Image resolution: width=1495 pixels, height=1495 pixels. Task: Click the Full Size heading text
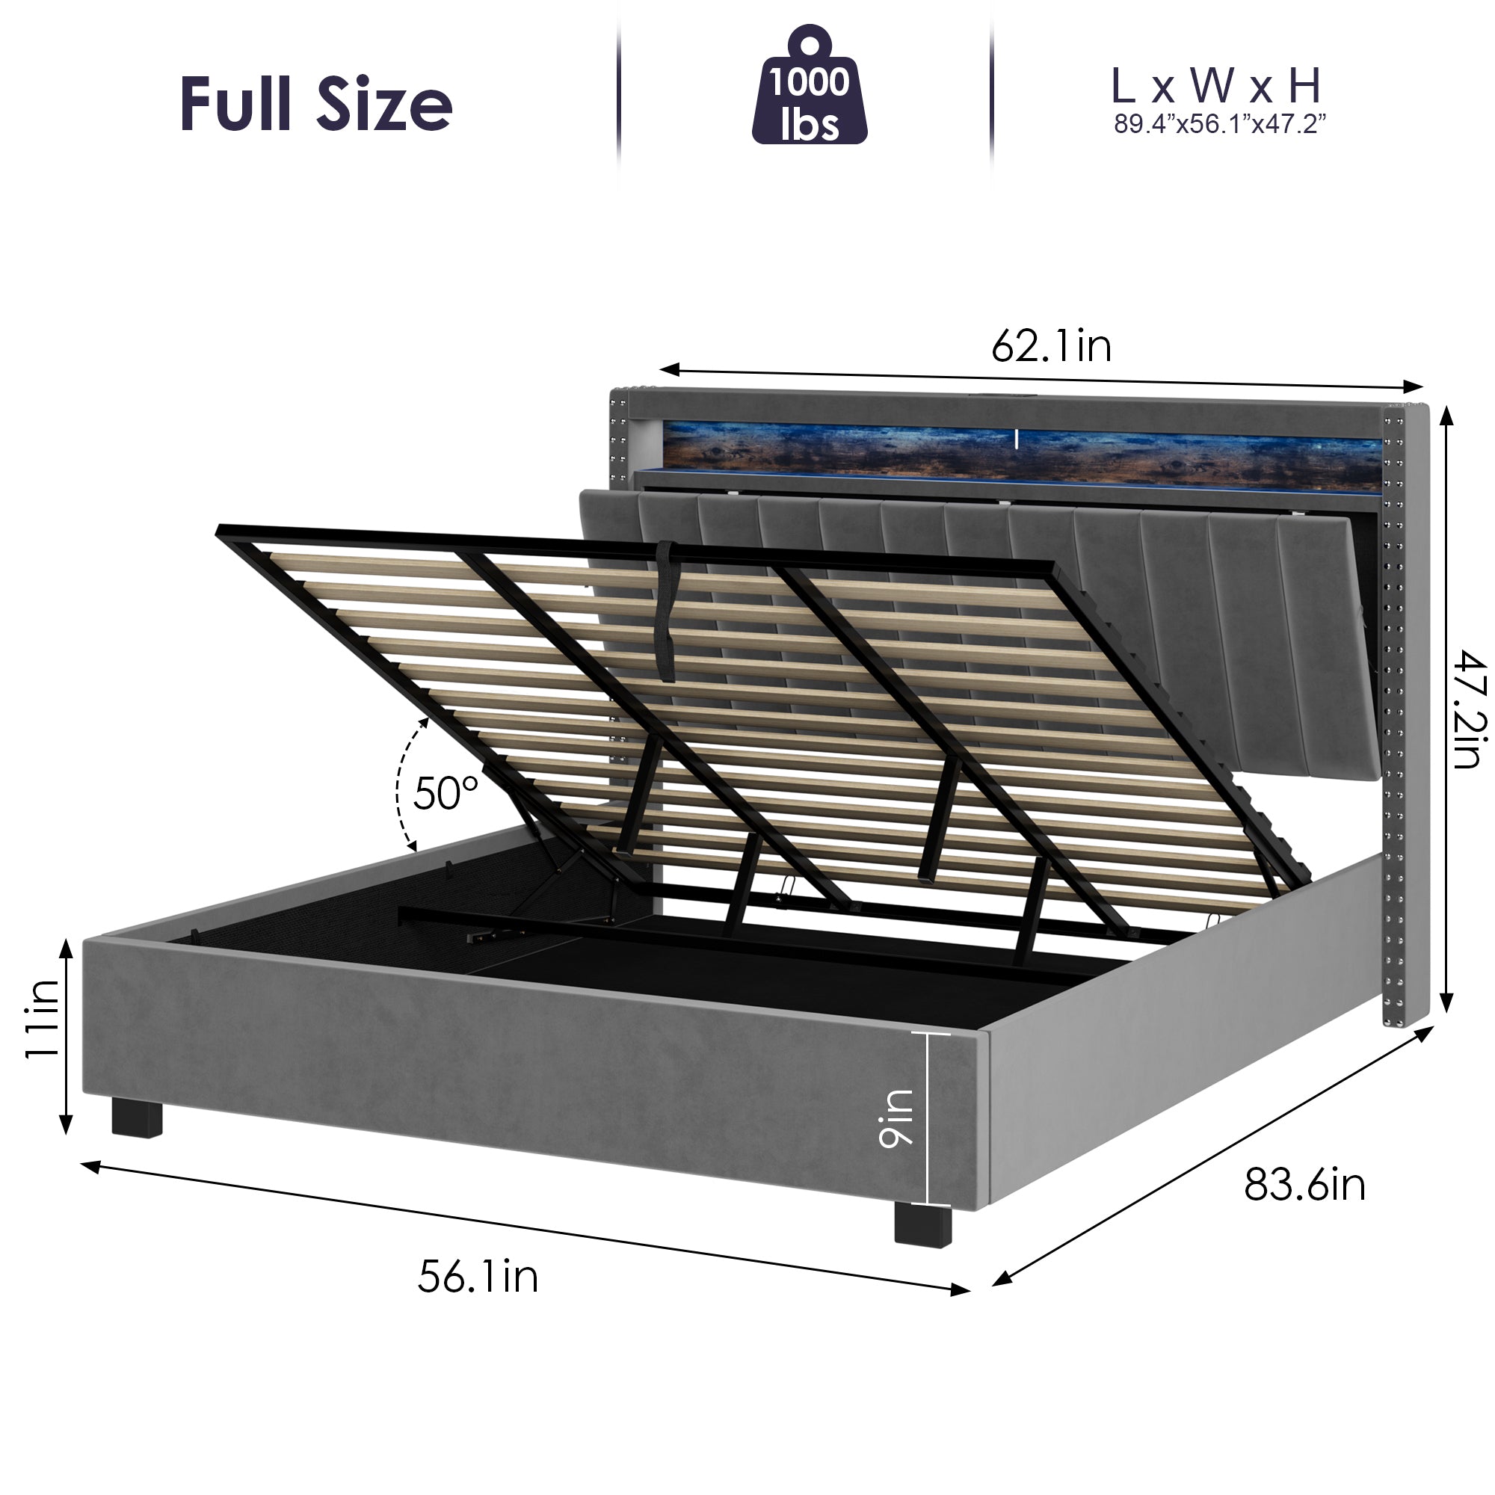[x=315, y=104]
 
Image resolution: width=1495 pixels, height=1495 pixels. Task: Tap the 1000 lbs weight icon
[x=810, y=89]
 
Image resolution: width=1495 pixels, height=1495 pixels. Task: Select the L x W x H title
[x=1215, y=87]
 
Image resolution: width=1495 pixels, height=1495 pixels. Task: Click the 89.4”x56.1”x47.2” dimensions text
[x=1219, y=125]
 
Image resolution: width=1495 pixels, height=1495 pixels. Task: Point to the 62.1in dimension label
[x=1052, y=346]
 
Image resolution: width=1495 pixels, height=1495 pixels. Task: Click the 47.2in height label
[x=1468, y=709]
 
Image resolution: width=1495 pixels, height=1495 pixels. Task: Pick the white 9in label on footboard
[x=896, y=1118]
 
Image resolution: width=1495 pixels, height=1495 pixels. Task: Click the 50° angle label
[x=446, y=792]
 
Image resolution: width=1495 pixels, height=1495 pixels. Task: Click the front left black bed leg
[x=137, y=1119]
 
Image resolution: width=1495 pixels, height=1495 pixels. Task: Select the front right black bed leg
[x=922, y=1224]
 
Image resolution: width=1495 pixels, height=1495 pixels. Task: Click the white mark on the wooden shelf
[x=1016, y=440]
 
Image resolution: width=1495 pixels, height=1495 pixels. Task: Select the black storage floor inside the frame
[x=697, y=967]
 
